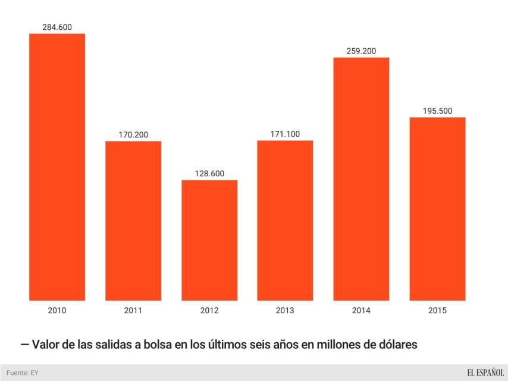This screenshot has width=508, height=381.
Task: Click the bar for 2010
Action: point(57,167)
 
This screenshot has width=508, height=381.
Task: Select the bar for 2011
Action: point(133,220)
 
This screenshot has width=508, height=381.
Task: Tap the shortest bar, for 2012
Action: point(209,240)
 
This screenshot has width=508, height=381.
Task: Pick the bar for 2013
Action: point(285,220)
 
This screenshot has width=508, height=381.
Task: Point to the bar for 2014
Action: point(361,179)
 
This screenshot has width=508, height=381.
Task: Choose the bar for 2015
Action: point(437,208)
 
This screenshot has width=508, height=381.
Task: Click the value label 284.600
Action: point(57,27)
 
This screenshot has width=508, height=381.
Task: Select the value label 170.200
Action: point(133,135)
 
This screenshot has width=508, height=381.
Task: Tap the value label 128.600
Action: point(209,173)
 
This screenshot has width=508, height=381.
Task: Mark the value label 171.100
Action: point(285,134)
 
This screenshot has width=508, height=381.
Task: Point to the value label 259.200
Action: point(361,51)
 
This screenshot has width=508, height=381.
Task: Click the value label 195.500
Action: point(437,111)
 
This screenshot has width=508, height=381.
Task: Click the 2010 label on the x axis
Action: point(57,311)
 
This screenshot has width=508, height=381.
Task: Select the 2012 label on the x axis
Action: point(209,311)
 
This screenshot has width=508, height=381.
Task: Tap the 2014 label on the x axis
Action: point(361,311)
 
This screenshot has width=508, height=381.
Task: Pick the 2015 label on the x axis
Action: point(437,311)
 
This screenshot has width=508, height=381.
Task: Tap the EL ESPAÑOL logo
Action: point(485,373)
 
